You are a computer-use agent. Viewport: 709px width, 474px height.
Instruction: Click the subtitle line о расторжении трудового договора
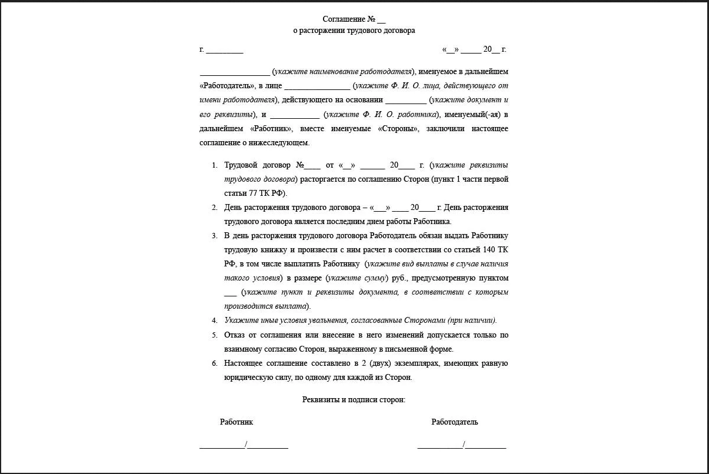click(354, 31)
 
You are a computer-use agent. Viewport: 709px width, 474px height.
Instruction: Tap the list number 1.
click(215, 165)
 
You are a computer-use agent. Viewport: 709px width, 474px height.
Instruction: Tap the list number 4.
click(215, 321)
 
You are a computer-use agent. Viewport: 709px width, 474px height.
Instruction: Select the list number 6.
click(215, 363)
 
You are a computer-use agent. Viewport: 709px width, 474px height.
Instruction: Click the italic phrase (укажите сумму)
click(357, 278)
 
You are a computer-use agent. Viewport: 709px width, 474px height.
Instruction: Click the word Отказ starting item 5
click(235, 335)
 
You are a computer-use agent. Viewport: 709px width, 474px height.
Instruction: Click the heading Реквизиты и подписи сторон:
click(354, 400)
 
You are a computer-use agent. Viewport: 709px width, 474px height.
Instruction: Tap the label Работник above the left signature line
click(237, 422)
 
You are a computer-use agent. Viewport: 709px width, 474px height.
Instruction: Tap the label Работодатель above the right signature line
click(454, 422)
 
